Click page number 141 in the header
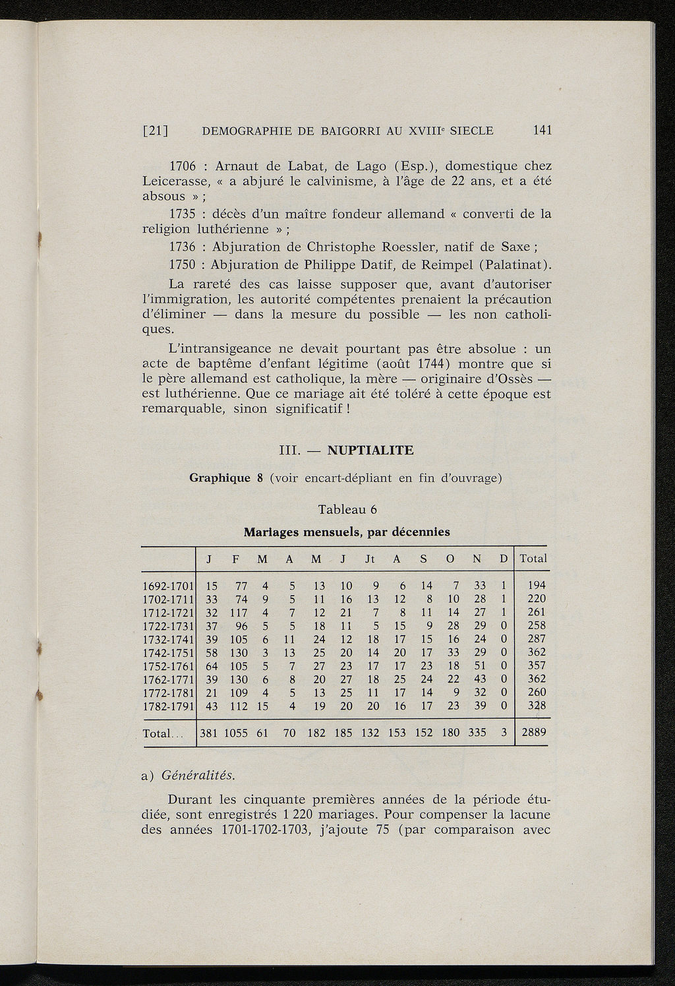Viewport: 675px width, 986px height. coord(542,131)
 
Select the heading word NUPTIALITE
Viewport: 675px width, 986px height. coord(370,451)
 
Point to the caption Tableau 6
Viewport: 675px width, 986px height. coord(347,510)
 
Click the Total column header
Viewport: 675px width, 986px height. coord(533,559)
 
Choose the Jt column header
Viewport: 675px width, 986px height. coord(370,559)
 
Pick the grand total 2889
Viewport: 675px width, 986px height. coord(533,733)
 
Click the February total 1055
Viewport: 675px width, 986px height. coord(235,733)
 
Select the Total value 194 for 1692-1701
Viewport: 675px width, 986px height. coord(537,585)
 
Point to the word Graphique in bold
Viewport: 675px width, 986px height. coord(218,478)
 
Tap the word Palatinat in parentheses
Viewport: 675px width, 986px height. coord(514,265)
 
